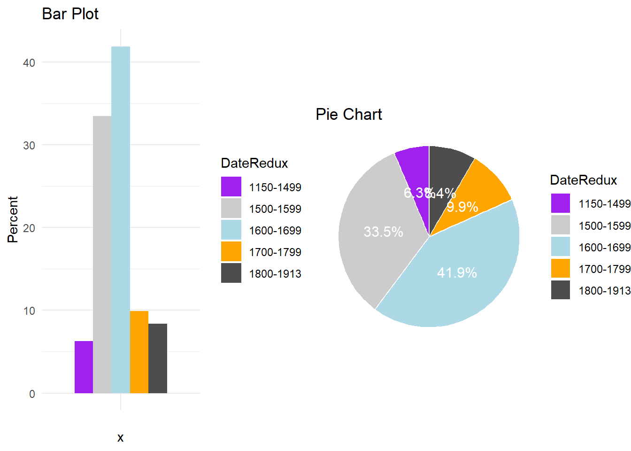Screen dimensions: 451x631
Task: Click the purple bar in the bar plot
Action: pyautogui.click(x=84, y=367)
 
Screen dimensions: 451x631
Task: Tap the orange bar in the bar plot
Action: pyautogui.click(x=139, y=352)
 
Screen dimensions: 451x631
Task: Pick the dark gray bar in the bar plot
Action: pyautogui.click(x=158, y=358)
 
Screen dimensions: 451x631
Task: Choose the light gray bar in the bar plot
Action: pyautogui.click(x=102, y=254)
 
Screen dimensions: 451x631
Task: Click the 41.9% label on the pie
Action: pyautogui.click(x=457, y=273)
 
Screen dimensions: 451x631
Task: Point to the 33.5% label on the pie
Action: pyautogui.click(x=383, y=232)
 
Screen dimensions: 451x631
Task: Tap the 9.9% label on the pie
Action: pyautogui.click(x=462, y=207)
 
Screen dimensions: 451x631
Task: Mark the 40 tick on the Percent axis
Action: pyautogui.click(x=29, y=63)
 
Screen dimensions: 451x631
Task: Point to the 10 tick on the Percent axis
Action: pyautogui.click(x=29, y=311)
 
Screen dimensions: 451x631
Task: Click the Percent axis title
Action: pyautogui.click(x=13, y=219)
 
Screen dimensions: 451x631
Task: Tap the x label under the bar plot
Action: pyautogui.click(x=121, y=438)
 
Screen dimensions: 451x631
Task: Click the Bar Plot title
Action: pyautogui.click(x=70, y=14)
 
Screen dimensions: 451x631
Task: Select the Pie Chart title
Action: pyautogui.click(x=349, y=114)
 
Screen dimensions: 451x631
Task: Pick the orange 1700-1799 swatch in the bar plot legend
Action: pyautogui.click(x=231, y=252)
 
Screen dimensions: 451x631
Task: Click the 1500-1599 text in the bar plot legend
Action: pyautogui.click(x=275, y=209)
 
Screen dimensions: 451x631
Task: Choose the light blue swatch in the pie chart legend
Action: pyautogui.click(x=561, y=247)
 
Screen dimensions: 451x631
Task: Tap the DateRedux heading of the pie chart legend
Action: pyautogui.click(x=583, y=180)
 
